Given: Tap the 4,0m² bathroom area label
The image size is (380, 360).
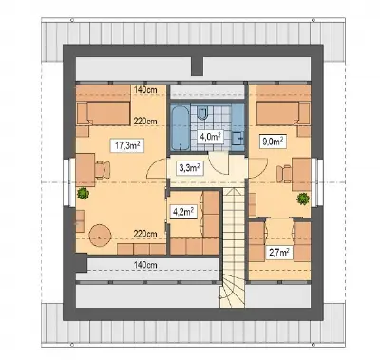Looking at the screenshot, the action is pos(210,137).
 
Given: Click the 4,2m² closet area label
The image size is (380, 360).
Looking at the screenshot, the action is pos(182,212).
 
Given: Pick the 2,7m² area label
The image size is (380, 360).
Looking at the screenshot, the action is pos(279,254).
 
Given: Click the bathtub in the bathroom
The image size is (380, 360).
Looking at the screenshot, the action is pos(180,127).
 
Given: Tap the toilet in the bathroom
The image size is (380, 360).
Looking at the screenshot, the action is pos(202,113).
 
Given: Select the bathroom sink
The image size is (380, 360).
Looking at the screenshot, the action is pos(237,138).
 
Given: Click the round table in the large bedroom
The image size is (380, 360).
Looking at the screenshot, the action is pos(100,236).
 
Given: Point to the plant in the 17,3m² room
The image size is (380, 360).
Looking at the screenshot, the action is pos(83,193).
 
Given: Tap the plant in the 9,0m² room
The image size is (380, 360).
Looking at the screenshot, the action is pos(303,199).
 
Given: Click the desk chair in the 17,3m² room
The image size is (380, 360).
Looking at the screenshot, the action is pos(102,169).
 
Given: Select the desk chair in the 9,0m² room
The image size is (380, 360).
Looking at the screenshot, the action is pos(284,174).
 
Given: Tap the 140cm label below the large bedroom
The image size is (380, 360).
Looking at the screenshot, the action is pos(145,265).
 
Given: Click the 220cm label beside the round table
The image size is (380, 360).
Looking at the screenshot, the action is pos(145,234).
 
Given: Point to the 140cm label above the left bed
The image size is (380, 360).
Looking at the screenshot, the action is pos(145,90).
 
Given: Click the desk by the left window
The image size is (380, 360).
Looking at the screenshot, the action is pos(85,170).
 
